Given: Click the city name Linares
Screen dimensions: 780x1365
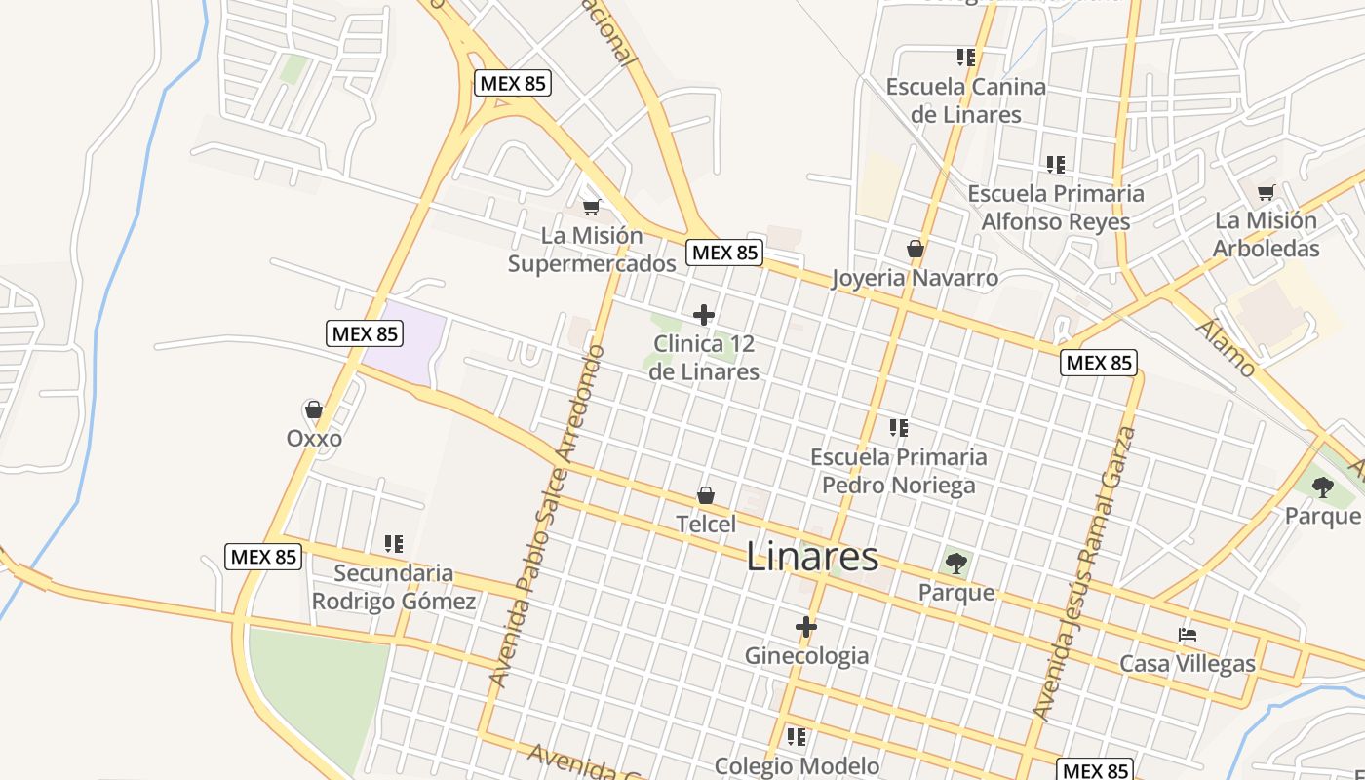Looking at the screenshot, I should tap(812, 557).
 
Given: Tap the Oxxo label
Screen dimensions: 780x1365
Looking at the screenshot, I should tap(314, 439).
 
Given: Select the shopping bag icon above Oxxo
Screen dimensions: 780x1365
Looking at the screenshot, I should tap(314, 409).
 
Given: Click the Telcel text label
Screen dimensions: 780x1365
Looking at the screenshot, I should tap(706, 524).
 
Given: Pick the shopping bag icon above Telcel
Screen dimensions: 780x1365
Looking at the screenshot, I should tap(706, 496).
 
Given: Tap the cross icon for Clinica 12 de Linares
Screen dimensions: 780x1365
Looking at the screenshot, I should tap(703, 315).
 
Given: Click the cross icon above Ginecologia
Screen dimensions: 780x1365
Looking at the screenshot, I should tap(806, 627).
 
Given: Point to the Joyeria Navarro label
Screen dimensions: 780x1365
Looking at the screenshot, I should tap(915, 278).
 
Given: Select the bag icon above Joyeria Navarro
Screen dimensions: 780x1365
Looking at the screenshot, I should tap(915, 250).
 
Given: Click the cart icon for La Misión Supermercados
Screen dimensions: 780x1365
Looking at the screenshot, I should tap(591, 207).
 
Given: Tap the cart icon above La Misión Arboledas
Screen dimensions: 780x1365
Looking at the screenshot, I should tap(1266, 192).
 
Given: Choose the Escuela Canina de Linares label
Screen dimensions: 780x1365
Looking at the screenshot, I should tap(965, 100).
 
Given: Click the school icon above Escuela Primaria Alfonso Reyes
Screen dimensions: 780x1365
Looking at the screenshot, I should tap(1055, 165).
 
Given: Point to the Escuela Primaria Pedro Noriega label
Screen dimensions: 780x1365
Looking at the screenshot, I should tap(898, 471).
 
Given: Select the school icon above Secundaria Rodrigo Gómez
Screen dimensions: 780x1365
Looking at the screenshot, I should tap(394, 544).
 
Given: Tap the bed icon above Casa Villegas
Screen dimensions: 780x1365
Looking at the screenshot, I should tap(1187, 635).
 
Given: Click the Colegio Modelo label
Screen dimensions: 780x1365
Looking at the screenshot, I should tap(797, 766).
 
